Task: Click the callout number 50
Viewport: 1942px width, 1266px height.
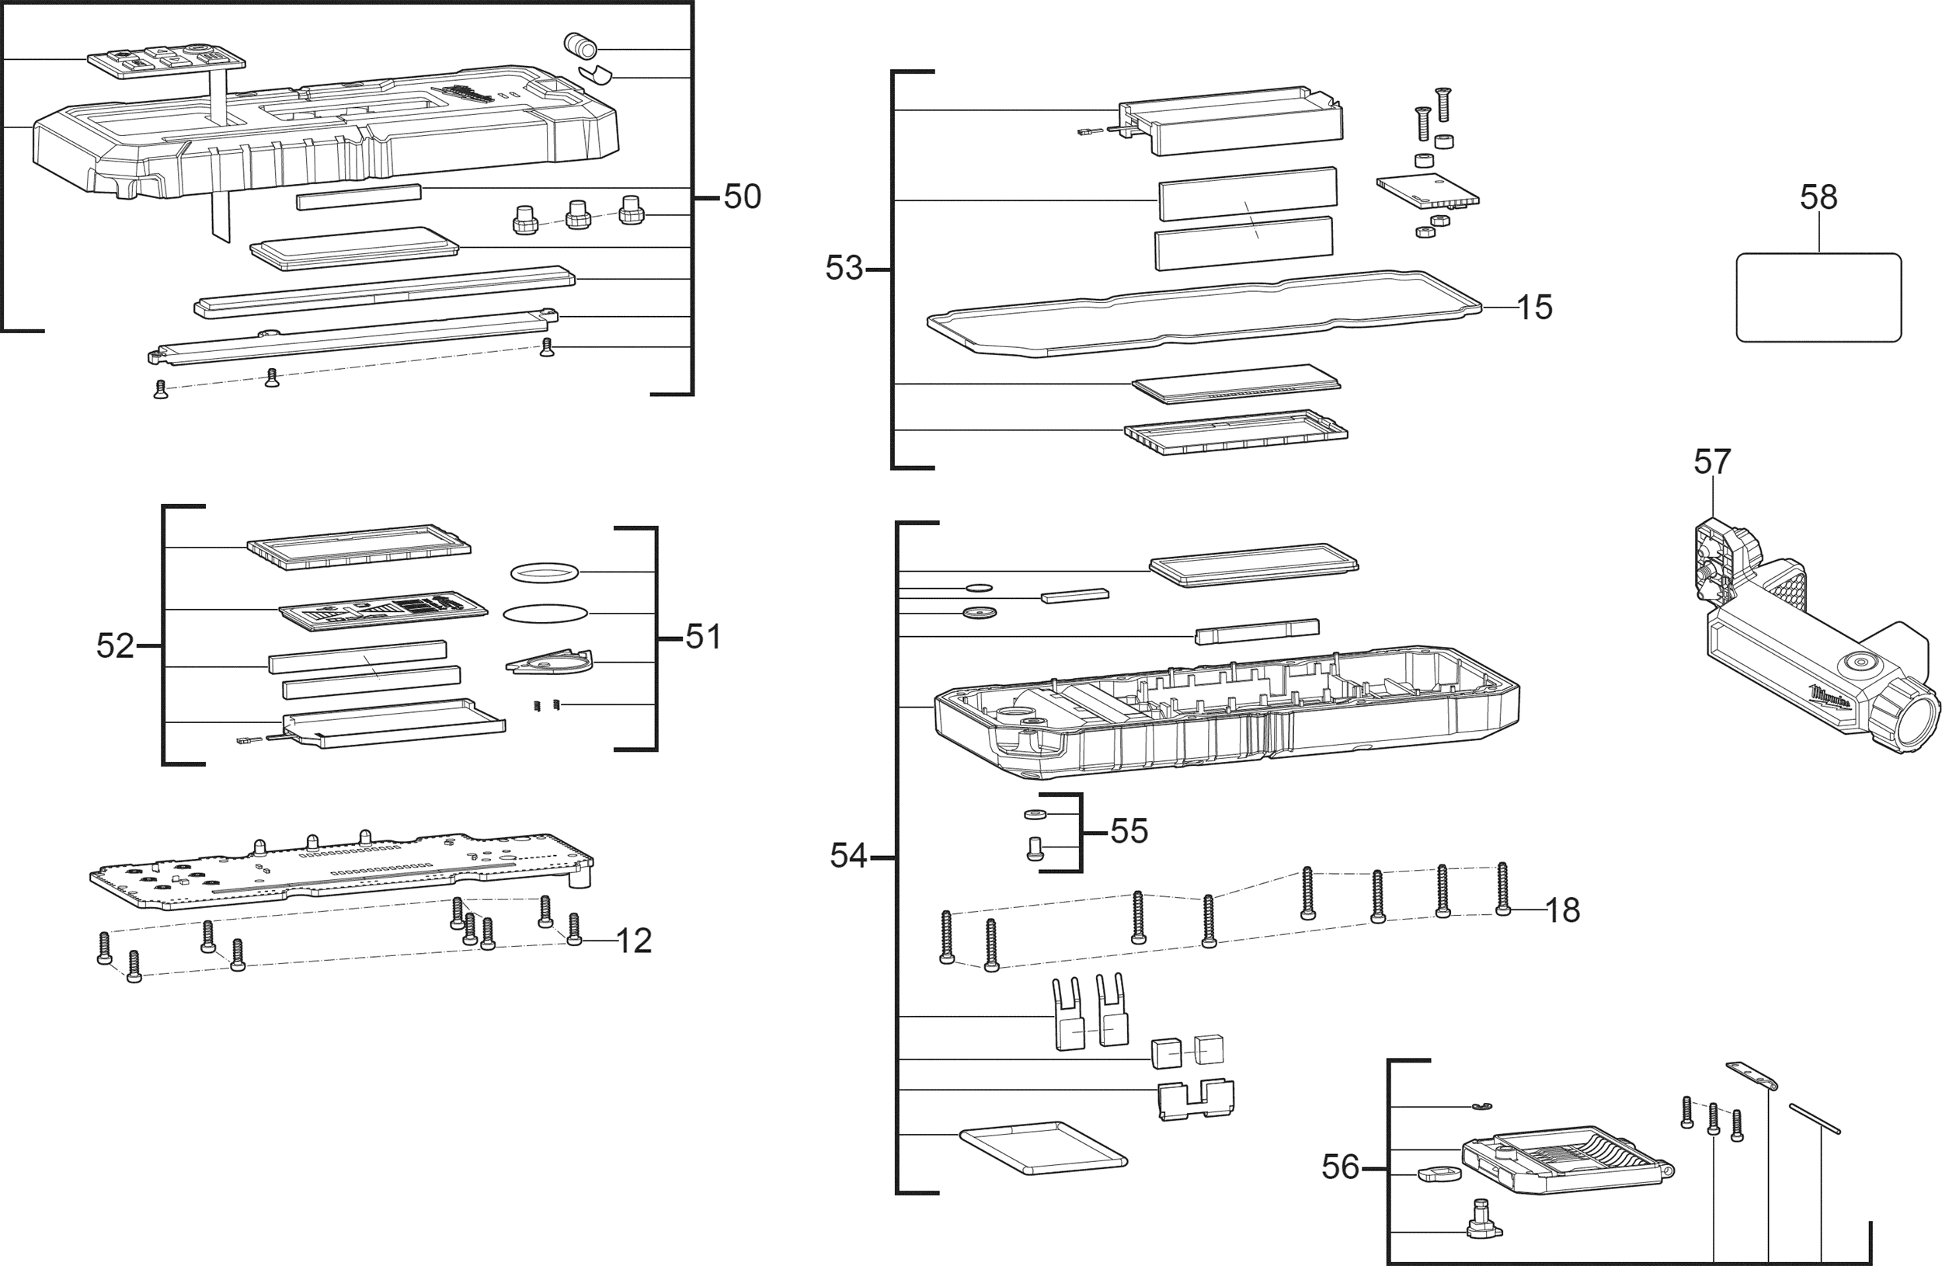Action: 743,197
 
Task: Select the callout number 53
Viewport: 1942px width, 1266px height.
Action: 844,269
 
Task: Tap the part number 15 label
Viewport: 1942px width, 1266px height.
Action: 1534,308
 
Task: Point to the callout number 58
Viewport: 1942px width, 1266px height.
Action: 1818,197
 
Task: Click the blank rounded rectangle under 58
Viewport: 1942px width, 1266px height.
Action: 1818,297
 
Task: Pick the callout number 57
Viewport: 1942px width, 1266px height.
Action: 1712,461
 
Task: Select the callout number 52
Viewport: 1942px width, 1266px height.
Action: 115,646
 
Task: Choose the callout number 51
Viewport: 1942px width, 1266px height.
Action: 703,637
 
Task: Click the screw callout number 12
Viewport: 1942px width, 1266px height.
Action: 634,941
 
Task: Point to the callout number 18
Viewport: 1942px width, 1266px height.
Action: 1563,910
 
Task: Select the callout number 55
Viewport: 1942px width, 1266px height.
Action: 1129,831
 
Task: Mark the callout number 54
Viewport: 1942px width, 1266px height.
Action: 848,856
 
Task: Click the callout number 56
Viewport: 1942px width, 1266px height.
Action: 1341,1167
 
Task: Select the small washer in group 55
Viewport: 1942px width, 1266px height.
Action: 1035,814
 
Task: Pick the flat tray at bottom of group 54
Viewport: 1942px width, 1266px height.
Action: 1043,1148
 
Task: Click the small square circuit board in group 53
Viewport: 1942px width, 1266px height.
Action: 1428,191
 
